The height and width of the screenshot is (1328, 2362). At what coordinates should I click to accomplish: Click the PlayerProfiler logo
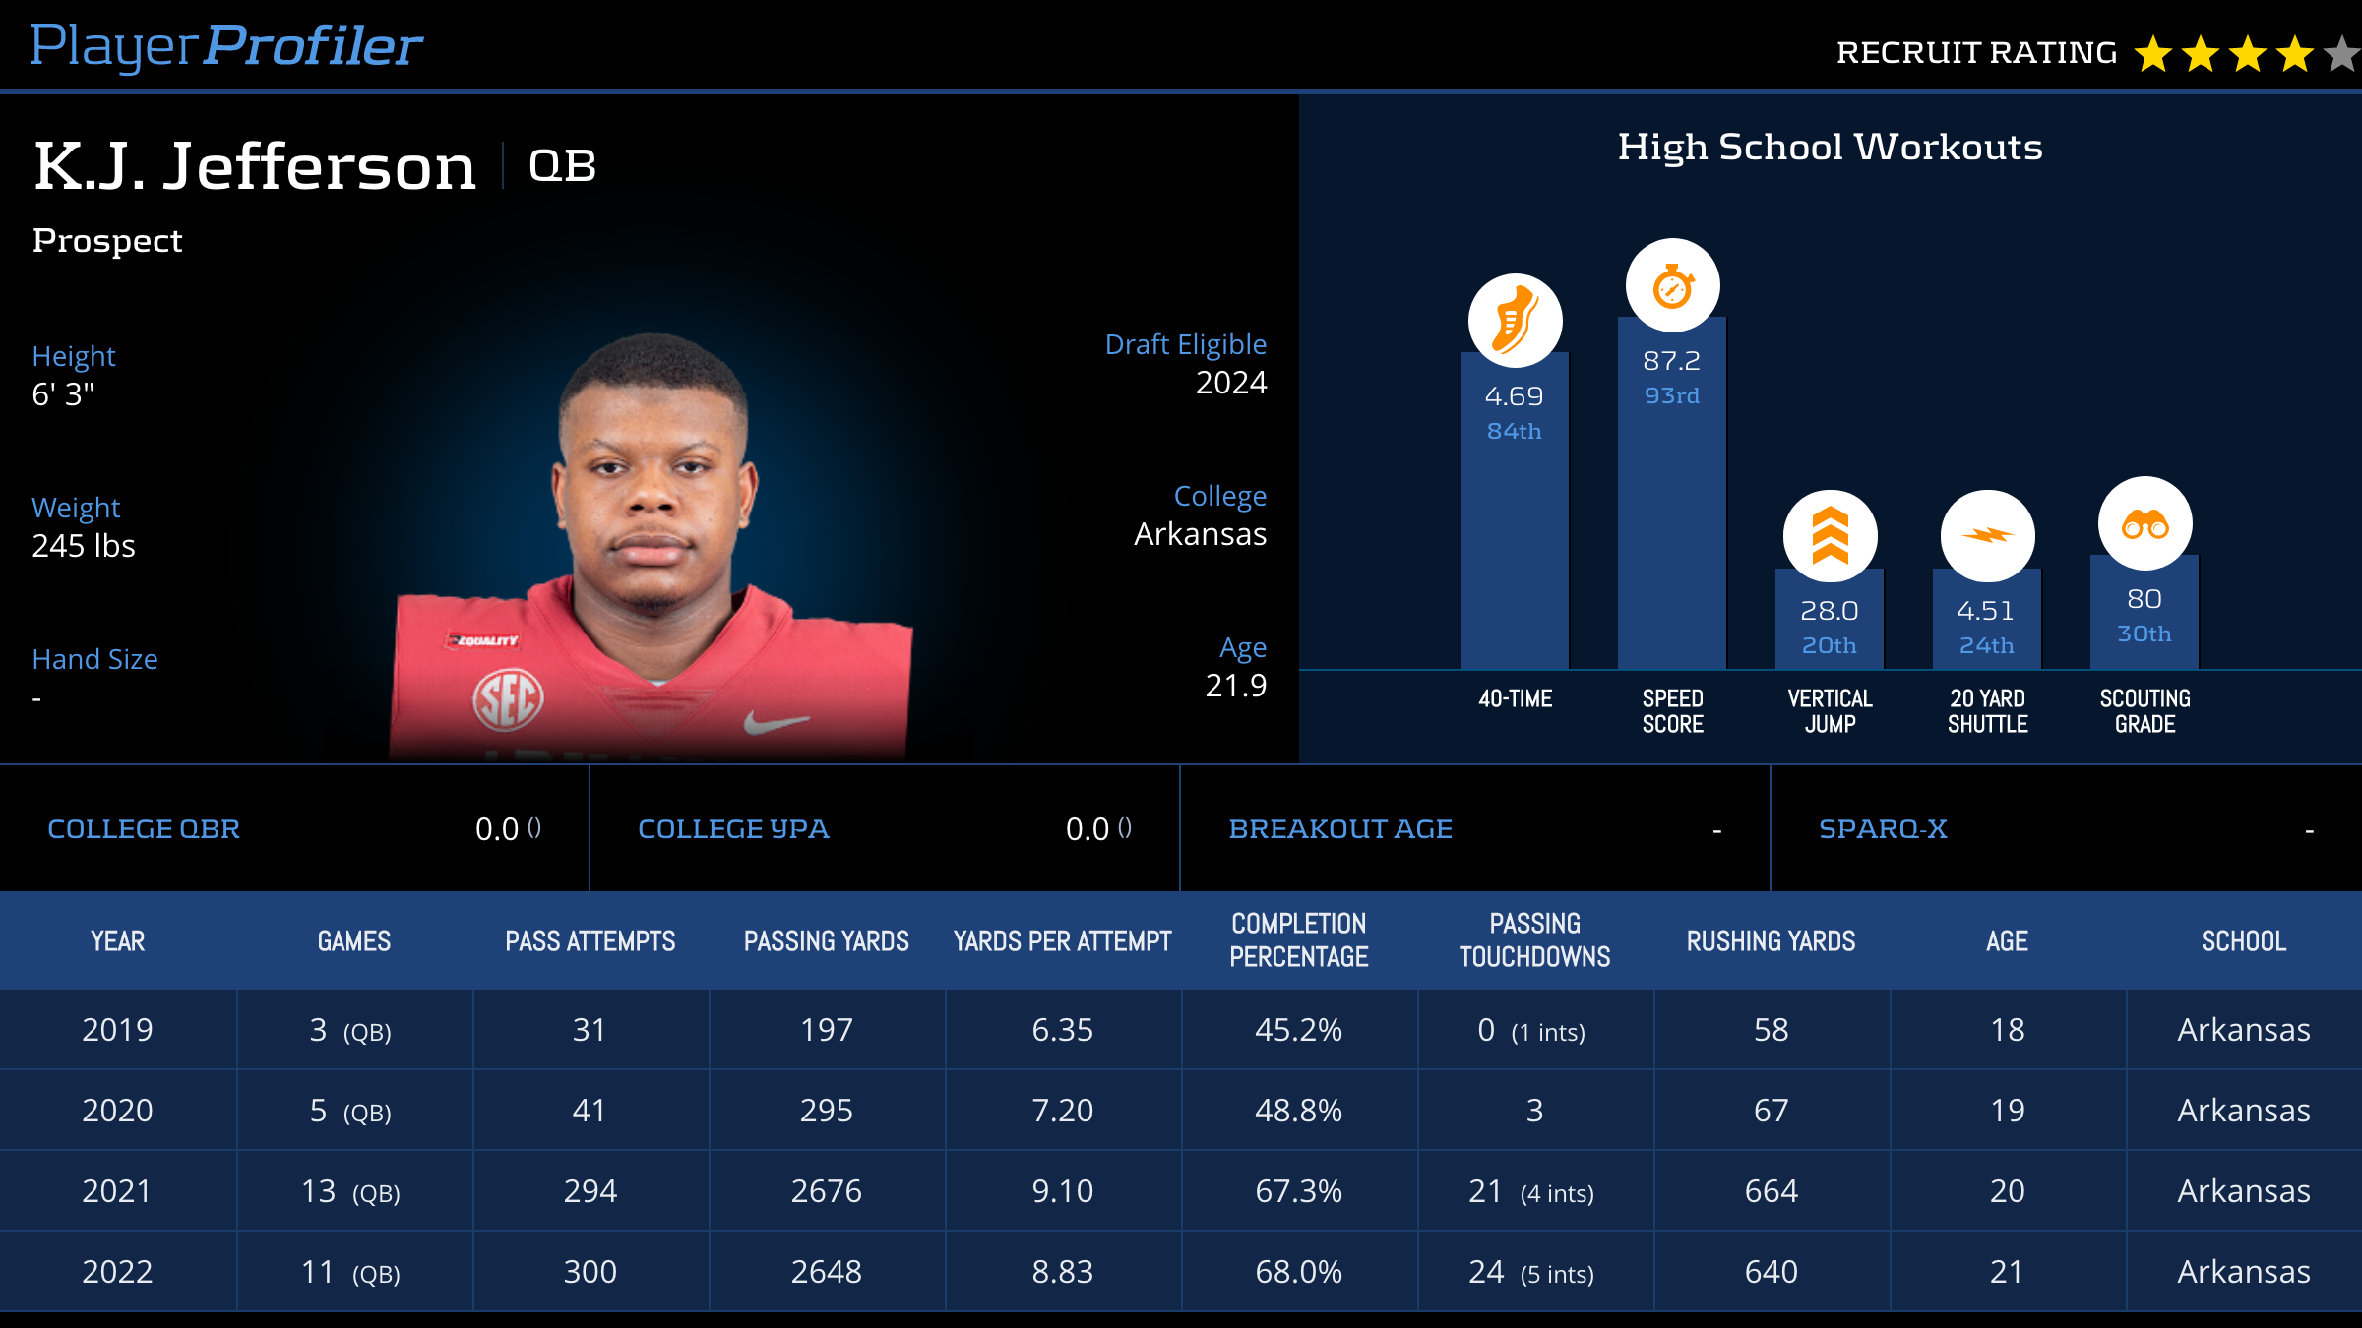[x=226, y=46]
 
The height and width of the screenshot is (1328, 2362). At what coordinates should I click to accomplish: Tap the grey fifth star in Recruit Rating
[x=2343, y=54]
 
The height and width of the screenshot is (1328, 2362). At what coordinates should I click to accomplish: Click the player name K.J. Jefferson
[x=255, y=166]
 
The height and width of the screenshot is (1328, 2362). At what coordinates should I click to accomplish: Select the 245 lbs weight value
[x=84, y=546]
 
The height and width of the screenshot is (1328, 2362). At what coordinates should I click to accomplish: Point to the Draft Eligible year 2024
[x=1230, y=383]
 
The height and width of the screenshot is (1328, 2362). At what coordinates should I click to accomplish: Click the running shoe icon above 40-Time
[x=1515, y=321]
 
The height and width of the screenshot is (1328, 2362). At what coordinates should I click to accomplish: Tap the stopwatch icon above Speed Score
[x=1672, y=286]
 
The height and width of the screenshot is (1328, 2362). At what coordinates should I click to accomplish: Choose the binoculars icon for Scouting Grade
[x=2144, y=523]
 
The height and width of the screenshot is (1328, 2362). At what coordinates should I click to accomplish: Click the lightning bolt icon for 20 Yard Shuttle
[x=1987, y=536]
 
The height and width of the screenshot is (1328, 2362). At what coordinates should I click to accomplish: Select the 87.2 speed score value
[x=1671, y=361]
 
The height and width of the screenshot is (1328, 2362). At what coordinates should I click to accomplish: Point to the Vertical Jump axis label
[x=1830, y=711]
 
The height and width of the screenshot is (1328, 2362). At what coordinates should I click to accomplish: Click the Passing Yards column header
[x=826, y=941]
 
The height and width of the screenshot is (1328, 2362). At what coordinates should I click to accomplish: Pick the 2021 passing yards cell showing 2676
[x=826, y=1191]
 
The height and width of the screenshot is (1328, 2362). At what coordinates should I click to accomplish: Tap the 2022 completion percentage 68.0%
[x=1298, y=1272]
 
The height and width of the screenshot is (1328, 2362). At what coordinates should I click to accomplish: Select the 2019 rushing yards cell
[x=1771, y=1030]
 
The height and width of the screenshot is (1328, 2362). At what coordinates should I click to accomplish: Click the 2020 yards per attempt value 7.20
[x=1062, y=1111]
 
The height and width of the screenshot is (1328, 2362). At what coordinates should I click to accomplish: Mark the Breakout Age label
[x=1340, y=829]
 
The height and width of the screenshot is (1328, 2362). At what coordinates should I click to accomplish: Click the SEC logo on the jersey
[x=508, y=700]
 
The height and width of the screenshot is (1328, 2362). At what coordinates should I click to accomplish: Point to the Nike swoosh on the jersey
[x=775, y=724]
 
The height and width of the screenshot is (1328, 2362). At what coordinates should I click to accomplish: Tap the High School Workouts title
[x=1830, y=148]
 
